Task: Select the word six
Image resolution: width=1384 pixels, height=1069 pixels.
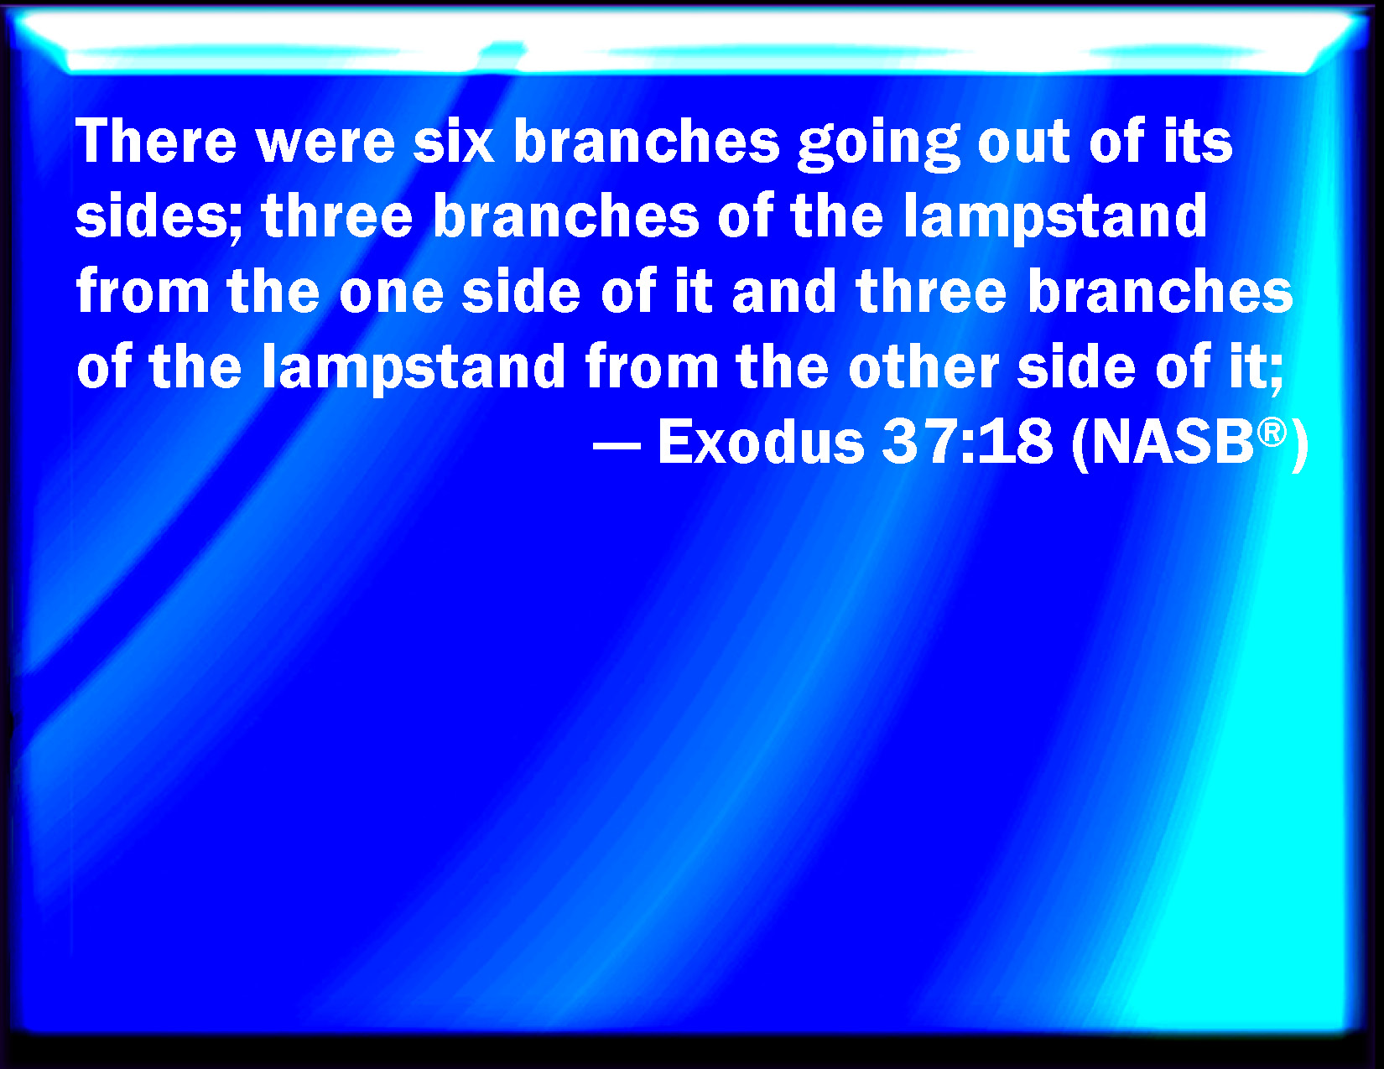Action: [454, 141]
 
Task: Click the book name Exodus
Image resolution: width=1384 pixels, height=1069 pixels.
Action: [761, 443]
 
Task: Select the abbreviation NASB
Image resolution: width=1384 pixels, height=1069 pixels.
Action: [1173, 443]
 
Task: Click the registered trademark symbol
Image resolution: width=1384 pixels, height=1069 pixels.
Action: [1272, 433]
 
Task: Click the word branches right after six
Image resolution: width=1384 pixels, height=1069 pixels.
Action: [647, 141]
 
